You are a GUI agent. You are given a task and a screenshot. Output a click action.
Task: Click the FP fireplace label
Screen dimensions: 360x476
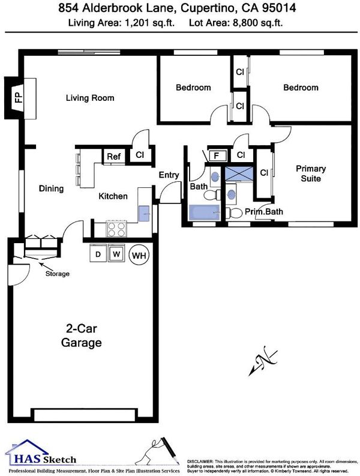coord(19,98)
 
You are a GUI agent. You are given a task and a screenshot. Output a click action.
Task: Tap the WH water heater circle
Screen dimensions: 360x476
coord(139,255)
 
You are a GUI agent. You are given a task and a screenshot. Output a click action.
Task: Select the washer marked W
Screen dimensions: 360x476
coord(116,253)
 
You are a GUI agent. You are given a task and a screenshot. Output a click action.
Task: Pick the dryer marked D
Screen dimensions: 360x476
coord(98,253)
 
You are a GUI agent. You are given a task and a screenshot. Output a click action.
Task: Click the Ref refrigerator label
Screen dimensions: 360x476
coord(113,157)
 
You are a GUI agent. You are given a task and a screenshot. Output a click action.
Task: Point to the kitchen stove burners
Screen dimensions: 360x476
coord(116,229)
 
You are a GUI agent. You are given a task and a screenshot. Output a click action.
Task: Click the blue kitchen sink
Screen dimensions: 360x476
coord(144,214)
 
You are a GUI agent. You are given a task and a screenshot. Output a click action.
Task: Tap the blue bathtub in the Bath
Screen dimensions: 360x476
coord(204,212)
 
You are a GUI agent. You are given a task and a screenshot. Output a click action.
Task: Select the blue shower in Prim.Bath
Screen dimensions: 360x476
coord(239,173)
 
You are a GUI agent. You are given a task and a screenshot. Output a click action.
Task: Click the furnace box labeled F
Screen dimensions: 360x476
coord(217,156)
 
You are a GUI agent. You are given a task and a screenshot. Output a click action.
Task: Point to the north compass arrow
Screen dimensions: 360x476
coord(263,361)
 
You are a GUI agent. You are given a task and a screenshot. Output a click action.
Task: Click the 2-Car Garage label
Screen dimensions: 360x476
coord(82,336)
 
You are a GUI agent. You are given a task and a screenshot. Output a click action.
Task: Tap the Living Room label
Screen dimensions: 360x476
coord(90,98)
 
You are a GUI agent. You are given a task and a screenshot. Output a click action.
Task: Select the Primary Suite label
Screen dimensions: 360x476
coord(311,173)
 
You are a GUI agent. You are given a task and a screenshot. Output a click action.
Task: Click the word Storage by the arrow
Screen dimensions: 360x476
coord(58,274)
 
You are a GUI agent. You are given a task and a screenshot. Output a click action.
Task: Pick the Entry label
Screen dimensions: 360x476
coord(169,175)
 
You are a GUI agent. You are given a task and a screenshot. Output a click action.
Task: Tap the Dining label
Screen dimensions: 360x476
coord(51,188)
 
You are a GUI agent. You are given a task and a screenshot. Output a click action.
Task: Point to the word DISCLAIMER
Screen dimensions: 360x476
coord(200,462)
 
